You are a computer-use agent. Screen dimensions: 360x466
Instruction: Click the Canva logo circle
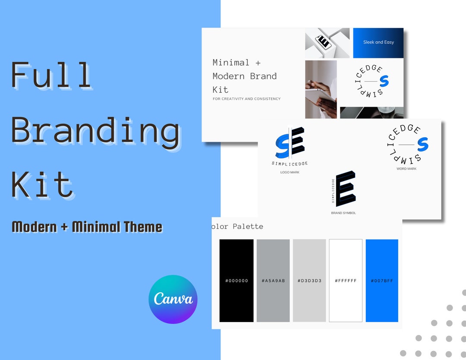click(173, 299)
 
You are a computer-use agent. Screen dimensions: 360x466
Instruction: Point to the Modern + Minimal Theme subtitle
click(87, 227)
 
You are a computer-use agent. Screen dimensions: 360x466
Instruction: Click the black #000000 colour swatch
click(236, 281)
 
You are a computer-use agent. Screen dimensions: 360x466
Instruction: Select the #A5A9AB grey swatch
click(273, 281)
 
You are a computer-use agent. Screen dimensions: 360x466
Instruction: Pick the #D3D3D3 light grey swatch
click(309, 281)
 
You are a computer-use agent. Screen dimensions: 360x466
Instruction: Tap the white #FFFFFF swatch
click(346, 281)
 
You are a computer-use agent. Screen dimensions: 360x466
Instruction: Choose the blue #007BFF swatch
click(382, 281)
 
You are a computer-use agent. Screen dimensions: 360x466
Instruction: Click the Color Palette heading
click(237, 227)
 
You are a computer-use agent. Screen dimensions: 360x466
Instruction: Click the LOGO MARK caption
click(290, 172)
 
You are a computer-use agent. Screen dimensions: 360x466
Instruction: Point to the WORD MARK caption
click(406, 169)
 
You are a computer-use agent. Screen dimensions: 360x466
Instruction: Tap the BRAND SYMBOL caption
click(343, 213)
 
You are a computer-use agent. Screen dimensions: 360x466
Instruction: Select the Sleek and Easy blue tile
click(378, 43)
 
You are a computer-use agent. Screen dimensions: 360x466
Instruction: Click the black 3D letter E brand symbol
click(346, 188)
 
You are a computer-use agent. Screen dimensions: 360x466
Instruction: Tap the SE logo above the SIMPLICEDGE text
click(290, 142)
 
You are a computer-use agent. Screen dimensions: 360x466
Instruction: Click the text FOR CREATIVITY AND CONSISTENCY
click(246, 99)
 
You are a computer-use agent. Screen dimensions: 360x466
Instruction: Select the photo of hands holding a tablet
click(321, 90)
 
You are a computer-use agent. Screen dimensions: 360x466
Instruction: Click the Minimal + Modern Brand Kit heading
click(245, 76)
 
